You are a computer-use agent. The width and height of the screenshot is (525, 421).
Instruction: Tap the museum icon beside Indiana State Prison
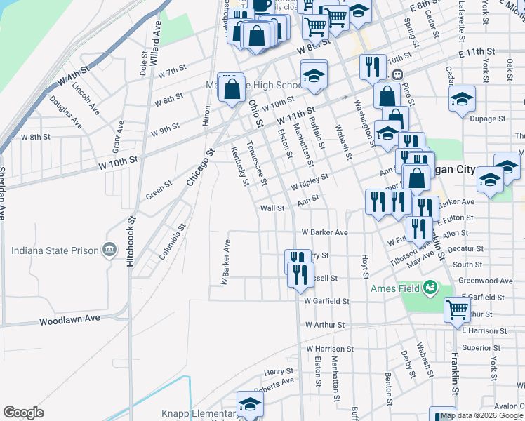(x=109, y=249)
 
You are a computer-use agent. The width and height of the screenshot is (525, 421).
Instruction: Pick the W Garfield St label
(x=326, y=301)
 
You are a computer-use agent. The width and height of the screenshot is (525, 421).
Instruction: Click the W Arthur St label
(x=325, y=325)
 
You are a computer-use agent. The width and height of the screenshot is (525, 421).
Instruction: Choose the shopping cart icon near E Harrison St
(x=458, y=308)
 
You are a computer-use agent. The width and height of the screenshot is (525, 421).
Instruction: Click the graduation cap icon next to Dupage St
(x=462, y=98)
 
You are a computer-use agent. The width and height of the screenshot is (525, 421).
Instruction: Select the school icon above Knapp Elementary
(x=250, y=403)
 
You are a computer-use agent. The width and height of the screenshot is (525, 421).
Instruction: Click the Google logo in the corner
(x=23, y=413)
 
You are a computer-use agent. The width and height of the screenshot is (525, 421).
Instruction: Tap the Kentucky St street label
(x=240, y=168)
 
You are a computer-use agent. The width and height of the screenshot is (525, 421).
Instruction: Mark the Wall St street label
(x=272, y=208)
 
